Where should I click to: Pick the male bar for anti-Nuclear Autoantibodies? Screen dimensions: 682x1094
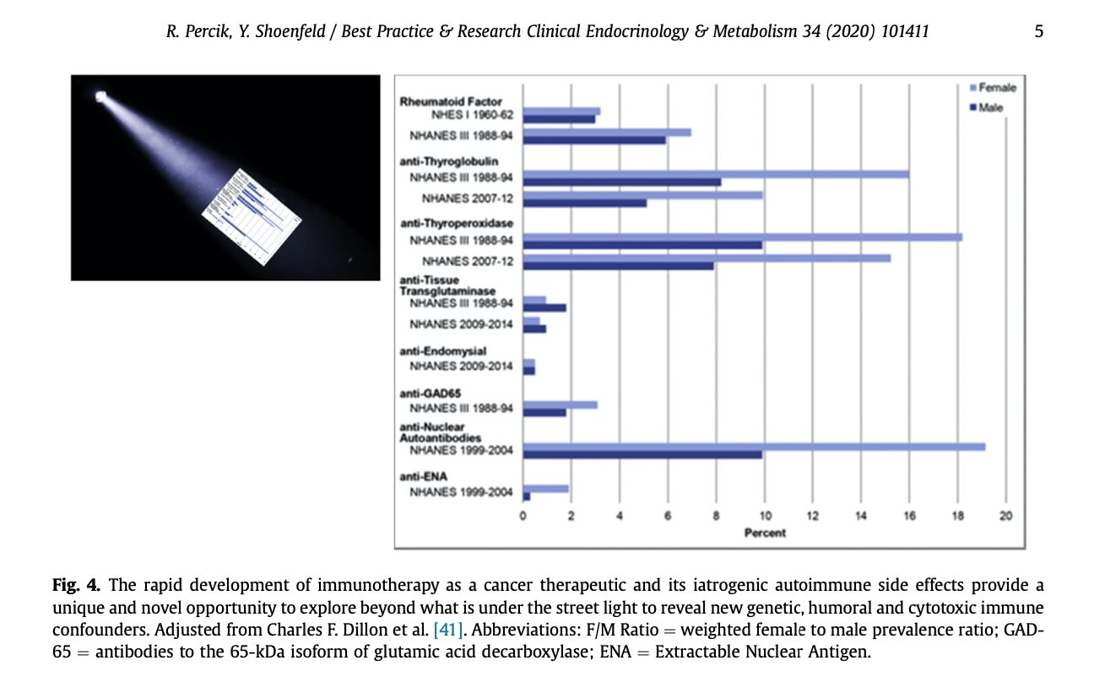click(642, 455)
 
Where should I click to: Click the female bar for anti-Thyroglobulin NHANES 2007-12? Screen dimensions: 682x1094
click(642, 195)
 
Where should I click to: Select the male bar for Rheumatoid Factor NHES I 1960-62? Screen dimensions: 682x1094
click(559, 119)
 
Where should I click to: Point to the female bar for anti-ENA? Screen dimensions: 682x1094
click(546, 488)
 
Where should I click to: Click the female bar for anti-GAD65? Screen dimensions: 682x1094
click(561, 404)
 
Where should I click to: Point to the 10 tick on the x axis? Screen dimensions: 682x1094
click(764, 516)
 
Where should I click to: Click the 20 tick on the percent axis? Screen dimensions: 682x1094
click(1005, 516)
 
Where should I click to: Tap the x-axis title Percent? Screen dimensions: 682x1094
click(765, 533)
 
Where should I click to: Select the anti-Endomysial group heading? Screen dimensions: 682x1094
click(443, 350)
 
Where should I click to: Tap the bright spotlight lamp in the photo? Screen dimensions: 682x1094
click(101, 95)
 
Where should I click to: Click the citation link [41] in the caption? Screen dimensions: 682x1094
click(447, 629)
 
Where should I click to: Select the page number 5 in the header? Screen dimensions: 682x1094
click(1038, 32)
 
